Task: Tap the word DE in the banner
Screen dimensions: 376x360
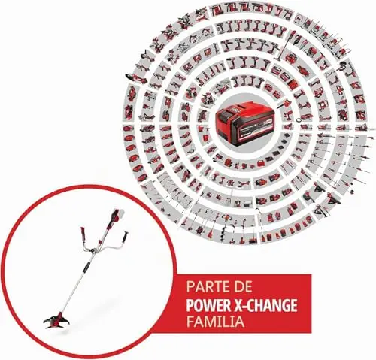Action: tap(242, 287)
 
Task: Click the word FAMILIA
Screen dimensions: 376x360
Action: tap(216, 322)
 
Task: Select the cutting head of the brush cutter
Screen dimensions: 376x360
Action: tap(56, 320)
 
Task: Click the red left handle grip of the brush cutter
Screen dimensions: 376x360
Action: tap(83, 233)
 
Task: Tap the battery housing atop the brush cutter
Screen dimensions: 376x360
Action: tap(115, 218)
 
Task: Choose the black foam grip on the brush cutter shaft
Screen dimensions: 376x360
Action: tap(86, 268)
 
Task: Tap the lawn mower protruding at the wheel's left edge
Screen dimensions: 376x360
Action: tap(134, 77)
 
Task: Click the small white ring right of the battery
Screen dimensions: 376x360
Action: tap(299, 120)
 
